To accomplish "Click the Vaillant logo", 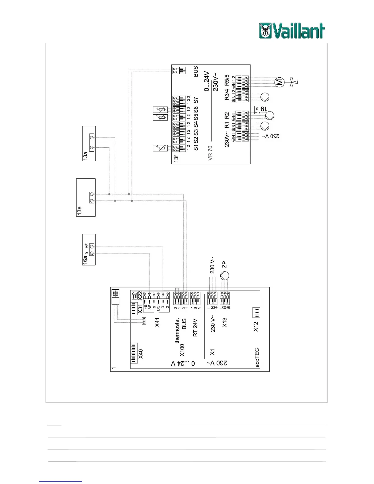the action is [x=292, y=31].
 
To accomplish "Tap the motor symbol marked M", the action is [x=280, y=82].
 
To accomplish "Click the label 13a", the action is [x=85, y=156].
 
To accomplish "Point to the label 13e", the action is [x=79, y=211].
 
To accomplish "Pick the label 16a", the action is [x=85, y=260].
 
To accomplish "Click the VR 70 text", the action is [x=210, y=153].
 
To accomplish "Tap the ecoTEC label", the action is [x=257, y=358].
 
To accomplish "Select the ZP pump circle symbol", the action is [x=225, y=276].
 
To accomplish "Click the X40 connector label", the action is [x=141, y=354].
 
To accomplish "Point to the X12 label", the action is [x=256, y=327].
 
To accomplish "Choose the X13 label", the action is [x=225, y=322].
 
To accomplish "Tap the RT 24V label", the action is [x=195, y=328].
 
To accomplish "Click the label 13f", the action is [x=176, y=159].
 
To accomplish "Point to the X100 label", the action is [x=182, y=350].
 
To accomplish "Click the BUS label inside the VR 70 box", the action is [x=196, y=71].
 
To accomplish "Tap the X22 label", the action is [x=140, y=296].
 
